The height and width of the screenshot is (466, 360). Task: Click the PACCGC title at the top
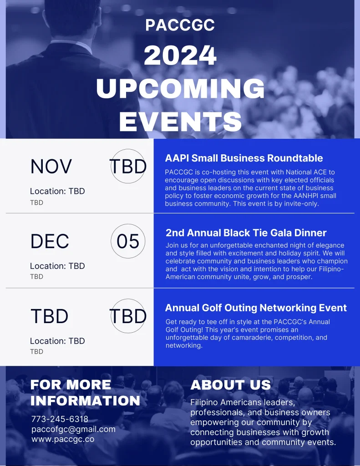pos(180,25)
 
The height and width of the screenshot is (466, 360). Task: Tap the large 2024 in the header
pos(180,55)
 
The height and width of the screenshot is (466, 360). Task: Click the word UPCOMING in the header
pos(180,88)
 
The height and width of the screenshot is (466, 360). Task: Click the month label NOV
pos(51,167)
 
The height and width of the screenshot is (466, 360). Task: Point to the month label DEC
pos(50,241)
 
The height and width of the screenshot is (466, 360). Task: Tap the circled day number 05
pos(128,241)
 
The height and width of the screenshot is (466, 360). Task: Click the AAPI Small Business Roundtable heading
pos(244,158)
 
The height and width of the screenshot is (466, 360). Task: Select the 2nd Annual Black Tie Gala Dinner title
pos(246,233)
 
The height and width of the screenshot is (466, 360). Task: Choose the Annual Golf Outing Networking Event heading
pos(256,308)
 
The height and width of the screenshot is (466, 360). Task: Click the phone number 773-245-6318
pos(60,419)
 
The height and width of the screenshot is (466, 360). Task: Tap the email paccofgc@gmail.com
pos(73,429)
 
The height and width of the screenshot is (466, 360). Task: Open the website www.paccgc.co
pos(63,439)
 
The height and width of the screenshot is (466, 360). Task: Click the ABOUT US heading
pos(231,385)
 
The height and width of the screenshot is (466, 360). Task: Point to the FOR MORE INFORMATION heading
pos(85,393)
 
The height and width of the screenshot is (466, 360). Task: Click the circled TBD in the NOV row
pos(128,166)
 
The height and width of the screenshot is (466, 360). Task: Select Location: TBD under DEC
pos(57,266)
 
